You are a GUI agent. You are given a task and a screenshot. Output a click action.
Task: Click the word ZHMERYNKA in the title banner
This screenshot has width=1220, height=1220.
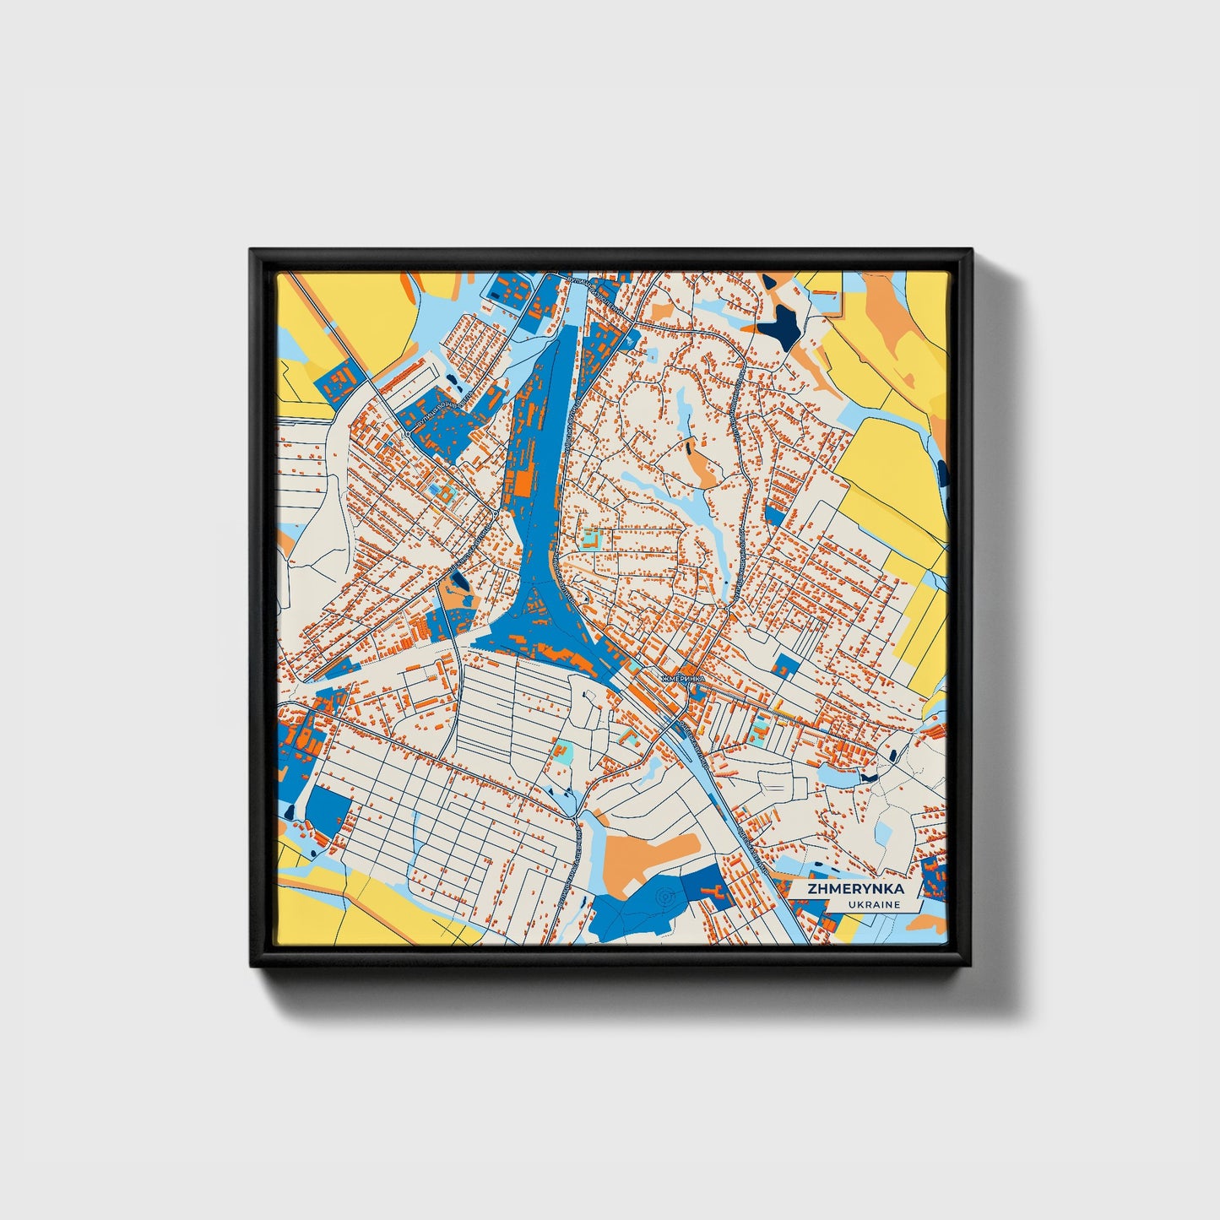(x=855, y=889)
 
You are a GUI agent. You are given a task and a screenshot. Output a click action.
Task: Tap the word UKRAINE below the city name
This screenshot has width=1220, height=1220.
(x=874, y=904)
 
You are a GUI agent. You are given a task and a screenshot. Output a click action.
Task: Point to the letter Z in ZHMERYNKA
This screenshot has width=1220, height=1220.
(x=811, y=889)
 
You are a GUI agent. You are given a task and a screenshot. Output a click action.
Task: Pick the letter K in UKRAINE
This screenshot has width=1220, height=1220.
(x=860, y=904)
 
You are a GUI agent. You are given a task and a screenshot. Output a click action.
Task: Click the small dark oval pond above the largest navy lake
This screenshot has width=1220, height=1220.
(x=769, y=281)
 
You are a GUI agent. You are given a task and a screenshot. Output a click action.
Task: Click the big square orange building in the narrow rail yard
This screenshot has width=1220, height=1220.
(x=521, y=482)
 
